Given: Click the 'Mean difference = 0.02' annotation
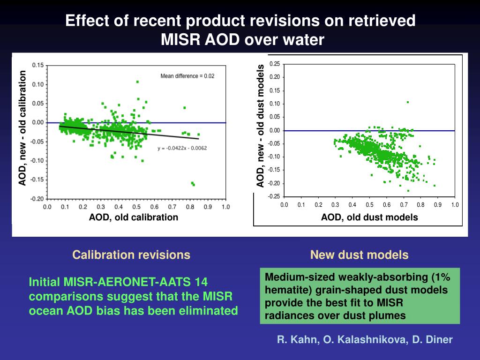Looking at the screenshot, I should coord(187,76).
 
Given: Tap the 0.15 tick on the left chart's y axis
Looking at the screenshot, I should coord(38,66).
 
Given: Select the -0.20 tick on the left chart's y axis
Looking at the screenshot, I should coord(37,199).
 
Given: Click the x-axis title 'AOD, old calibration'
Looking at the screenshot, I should coord(134,217).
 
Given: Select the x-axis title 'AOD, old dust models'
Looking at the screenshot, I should coord(369,217).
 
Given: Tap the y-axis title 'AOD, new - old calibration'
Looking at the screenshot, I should coord(22,127).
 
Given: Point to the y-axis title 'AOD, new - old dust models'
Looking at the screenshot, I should coord(261,127).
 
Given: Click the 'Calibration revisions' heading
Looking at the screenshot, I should coord(131,255).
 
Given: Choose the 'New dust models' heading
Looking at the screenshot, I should coord(359,255).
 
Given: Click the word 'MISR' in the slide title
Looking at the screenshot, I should coord(181,40).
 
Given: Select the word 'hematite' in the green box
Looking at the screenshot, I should coord(284,290).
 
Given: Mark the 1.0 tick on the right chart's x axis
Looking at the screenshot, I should coord(455,205).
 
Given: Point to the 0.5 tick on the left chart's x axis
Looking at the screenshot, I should coord(136,207).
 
